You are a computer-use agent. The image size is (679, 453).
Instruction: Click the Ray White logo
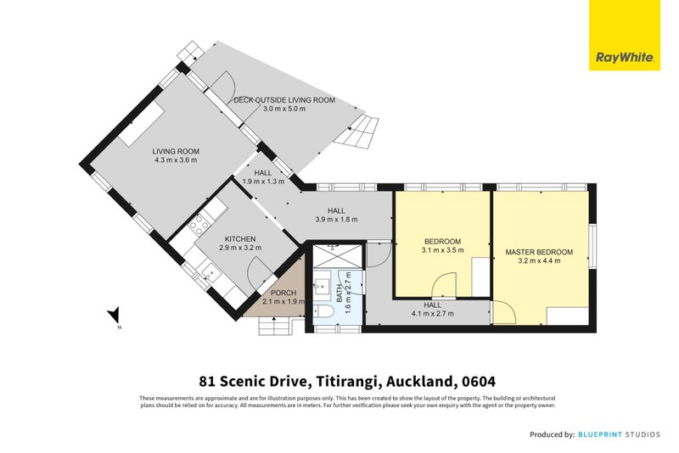(625, 35)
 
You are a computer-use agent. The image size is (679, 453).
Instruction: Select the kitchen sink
(209, 272)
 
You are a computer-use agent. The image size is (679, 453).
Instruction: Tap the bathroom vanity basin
(322, 284)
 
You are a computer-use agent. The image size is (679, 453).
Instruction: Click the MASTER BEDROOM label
(539, 252)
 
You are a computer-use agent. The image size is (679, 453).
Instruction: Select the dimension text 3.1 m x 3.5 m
(443, 250)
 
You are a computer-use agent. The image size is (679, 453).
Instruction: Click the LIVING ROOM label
(176, 151)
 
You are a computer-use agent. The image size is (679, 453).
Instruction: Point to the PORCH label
(272, 293)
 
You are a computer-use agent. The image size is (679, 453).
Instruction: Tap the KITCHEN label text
(240, 238)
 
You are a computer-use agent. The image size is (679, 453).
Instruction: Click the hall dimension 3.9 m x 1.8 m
(337, 220)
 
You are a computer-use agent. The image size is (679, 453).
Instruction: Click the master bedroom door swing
(504, 311)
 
